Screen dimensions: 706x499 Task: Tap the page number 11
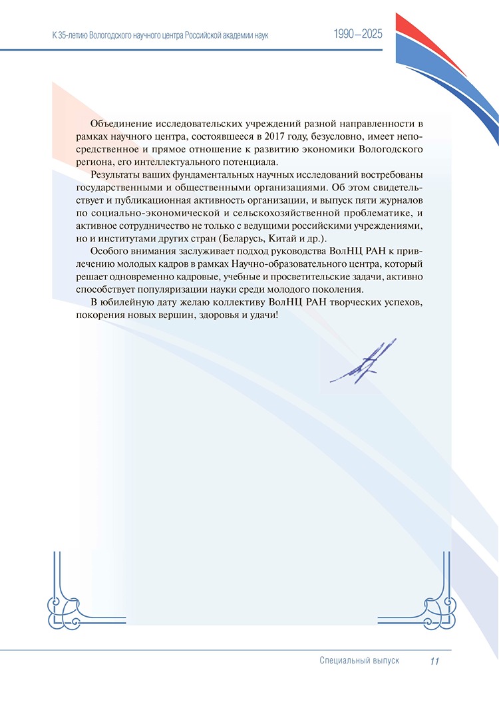pos(435,661)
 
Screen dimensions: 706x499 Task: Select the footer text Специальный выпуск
pos(359,661)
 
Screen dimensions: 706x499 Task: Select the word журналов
pos(400,201)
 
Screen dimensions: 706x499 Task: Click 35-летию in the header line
pos(79,34)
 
